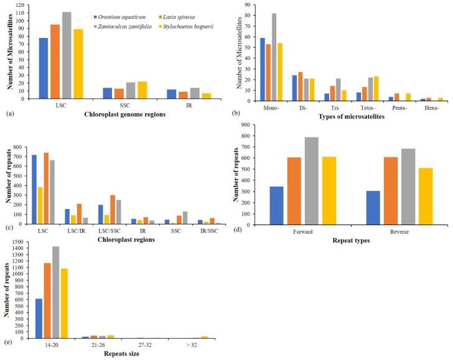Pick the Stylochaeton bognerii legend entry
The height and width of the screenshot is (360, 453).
tap(190, 27)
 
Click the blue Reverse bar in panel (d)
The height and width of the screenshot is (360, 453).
tap(373, 207)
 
